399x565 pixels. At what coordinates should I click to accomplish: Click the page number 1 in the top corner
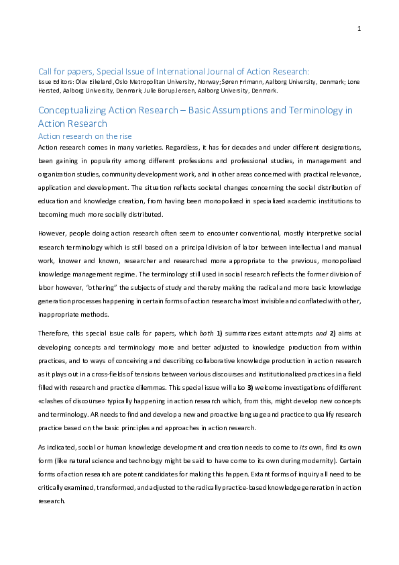pyautogui.click(x=359, y=28)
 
